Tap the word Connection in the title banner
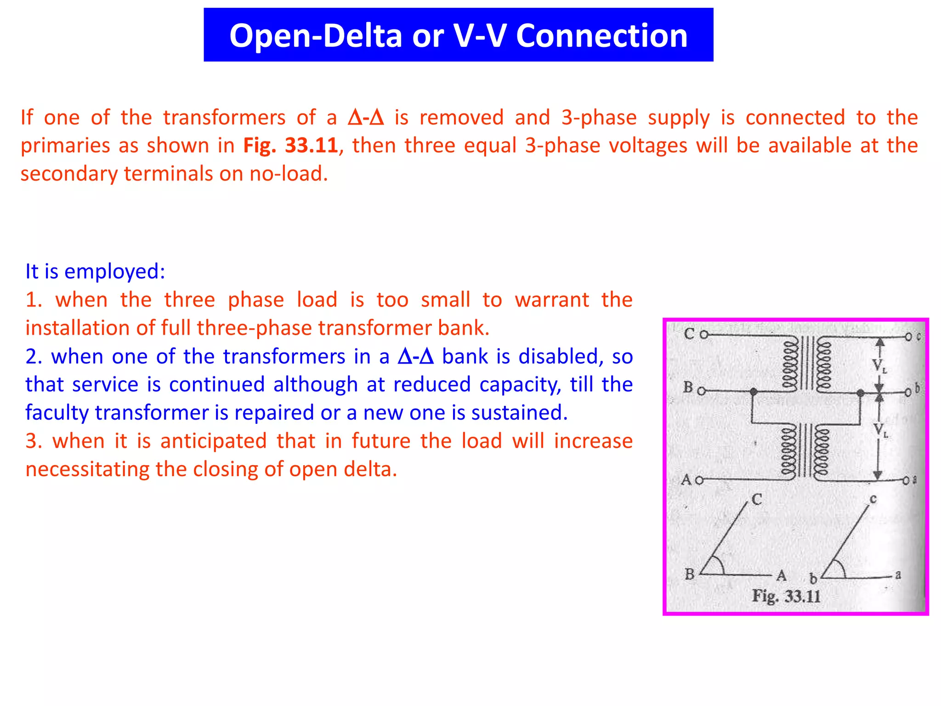pyautogui.click(x=601, y=36)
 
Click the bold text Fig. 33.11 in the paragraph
pyautogui.click(x=290, y=146)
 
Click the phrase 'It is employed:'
pyautogui.click(x=95, y=271)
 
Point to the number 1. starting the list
pyautogui.click(x=34, y=300)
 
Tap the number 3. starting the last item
pyautogui.click(x=34, y=441)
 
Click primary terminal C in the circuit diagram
pyautogui.click(x=703, y=335)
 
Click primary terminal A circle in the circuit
pyautogui.click(x=699, y=481)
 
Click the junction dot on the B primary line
pyautogui.click(x=754, y=392)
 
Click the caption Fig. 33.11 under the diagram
pyautogui.click(x=786, y=596)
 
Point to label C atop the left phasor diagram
pyautogui.click(x=757, y=499)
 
